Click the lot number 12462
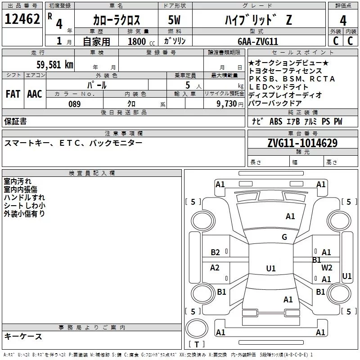(x=22, y=19)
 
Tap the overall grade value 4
(x=343, y=21)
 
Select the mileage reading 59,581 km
(x=55, y=64)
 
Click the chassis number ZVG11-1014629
(x=302, y=143)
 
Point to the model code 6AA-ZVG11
(x=258, y=41)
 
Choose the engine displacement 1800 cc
(x=141, y=41)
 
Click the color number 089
(x=74, y=104)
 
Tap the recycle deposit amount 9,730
(x=226, y=103)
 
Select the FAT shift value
(x=13, y=94)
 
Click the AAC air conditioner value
(x=35, y=94)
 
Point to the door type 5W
(x=174, y=20)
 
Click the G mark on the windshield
(x=284, y=237)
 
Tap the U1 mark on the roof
(x=271, y=268)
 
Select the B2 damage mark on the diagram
(x=215, y=252)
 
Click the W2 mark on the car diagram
(x=327, y=267)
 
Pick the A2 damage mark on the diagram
(x=215, y=267)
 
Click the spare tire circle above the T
(x=197, y=328)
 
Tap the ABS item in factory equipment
(x=276, y=121)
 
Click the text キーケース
(x=23, y=336)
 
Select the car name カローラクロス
(x=117, y=20)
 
